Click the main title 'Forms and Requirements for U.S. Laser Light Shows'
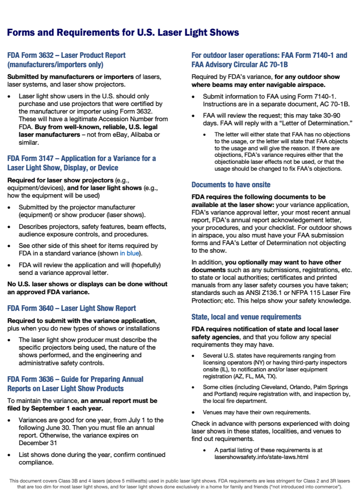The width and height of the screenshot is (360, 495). click(123, 33)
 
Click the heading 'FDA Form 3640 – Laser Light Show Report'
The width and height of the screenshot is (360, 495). click(71, 308)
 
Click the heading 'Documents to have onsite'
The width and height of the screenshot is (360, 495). click(231, 184)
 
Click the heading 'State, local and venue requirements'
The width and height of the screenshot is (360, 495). click(246, 317)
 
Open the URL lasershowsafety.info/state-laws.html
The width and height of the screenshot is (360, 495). click(261, 457)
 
